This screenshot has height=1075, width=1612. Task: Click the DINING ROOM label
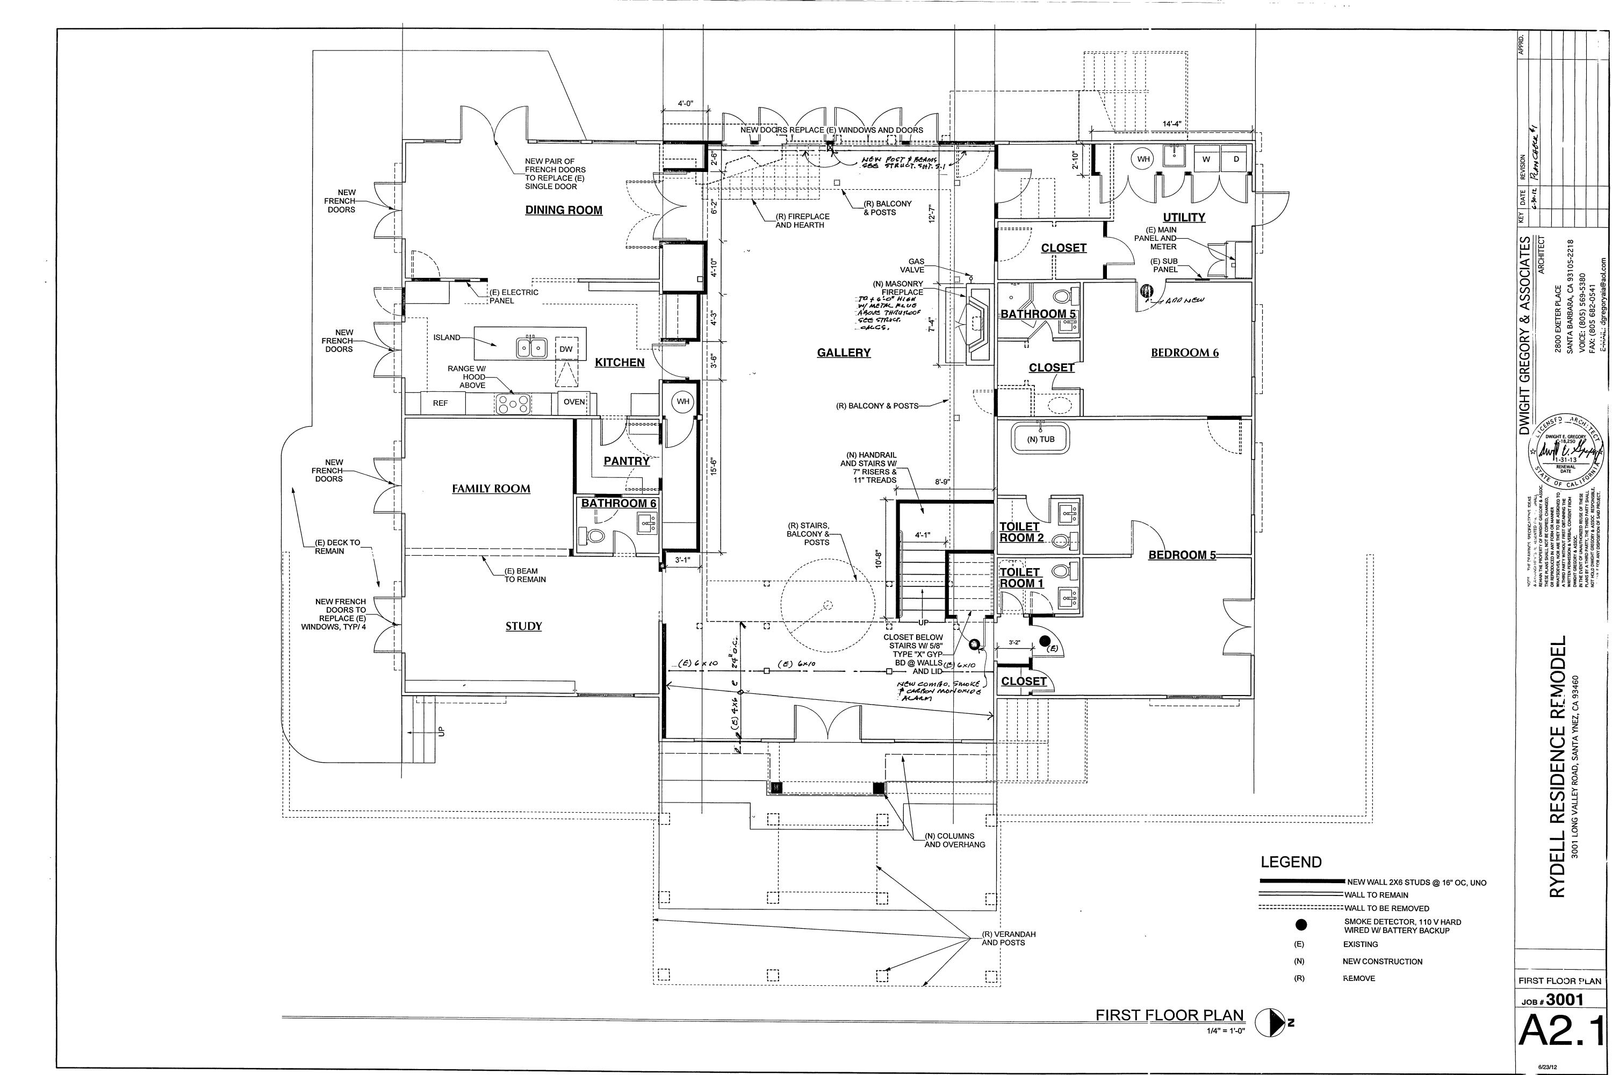point(563,211)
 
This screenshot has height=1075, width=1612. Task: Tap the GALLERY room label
point(843,353)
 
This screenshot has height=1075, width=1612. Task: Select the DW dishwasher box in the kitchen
point(565,349)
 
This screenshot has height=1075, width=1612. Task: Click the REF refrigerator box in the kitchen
point(440,403)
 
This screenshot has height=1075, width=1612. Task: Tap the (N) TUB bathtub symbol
point(1040,440)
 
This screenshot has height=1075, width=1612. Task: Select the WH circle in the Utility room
point(1143,160)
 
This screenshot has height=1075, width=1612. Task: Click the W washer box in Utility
point(1206,160)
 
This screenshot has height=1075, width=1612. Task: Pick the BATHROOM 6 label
point(618,503)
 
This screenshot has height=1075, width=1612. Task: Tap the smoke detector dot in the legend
point(1301,926)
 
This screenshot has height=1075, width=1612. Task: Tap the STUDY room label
point(523,626)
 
